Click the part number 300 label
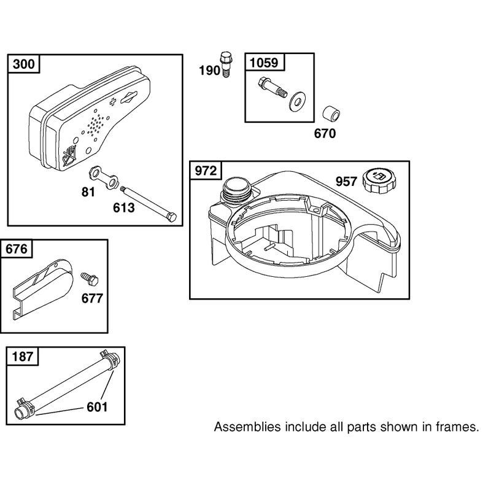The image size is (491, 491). pyautogui.click(x=24, y=64)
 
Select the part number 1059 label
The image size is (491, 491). pyautogui.click(x=264, y=63)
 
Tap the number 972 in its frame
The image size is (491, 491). pyautogui.click(x=206, y=171)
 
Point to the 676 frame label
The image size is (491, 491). pyautogui.click(x=17, y=249)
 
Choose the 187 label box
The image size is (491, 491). pyautogui.click(x=23, y=357)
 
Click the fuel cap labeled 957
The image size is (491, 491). pyautogui.click(x=379, y=180)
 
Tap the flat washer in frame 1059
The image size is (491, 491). pyautogui.click(x=297, y=101)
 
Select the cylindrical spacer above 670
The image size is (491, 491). pyautogui.click(x=331, y=115)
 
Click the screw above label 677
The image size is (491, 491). pyautogui.click(x=90, y=279)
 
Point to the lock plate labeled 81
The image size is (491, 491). pyautogui.click(x=103, y=177)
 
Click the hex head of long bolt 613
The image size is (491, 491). pyautogui.click(x=172, y=217)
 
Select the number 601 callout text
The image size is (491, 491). pyautogui.click(x=97, y=407)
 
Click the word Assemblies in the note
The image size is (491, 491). pyautogui.click(x=247, y=427)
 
